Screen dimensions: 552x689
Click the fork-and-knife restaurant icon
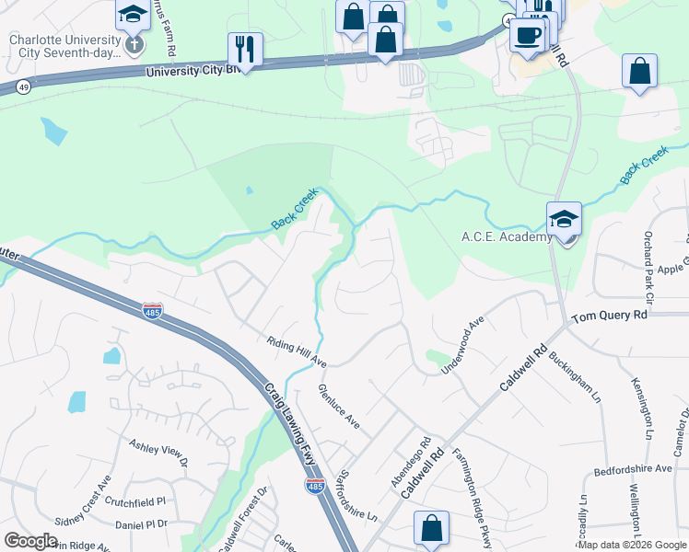(x=245, y=48)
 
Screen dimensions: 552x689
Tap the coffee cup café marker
(x=528, y=35)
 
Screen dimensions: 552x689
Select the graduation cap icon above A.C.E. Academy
(x=564, y=218)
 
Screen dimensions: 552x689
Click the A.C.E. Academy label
(x=506, y=236)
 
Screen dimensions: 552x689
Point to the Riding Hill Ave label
(x=296, y=350)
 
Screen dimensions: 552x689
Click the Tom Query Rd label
(x=609, y=316)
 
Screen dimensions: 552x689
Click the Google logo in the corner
(x=30, y=541)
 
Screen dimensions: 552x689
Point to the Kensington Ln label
(x=642, y=405)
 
